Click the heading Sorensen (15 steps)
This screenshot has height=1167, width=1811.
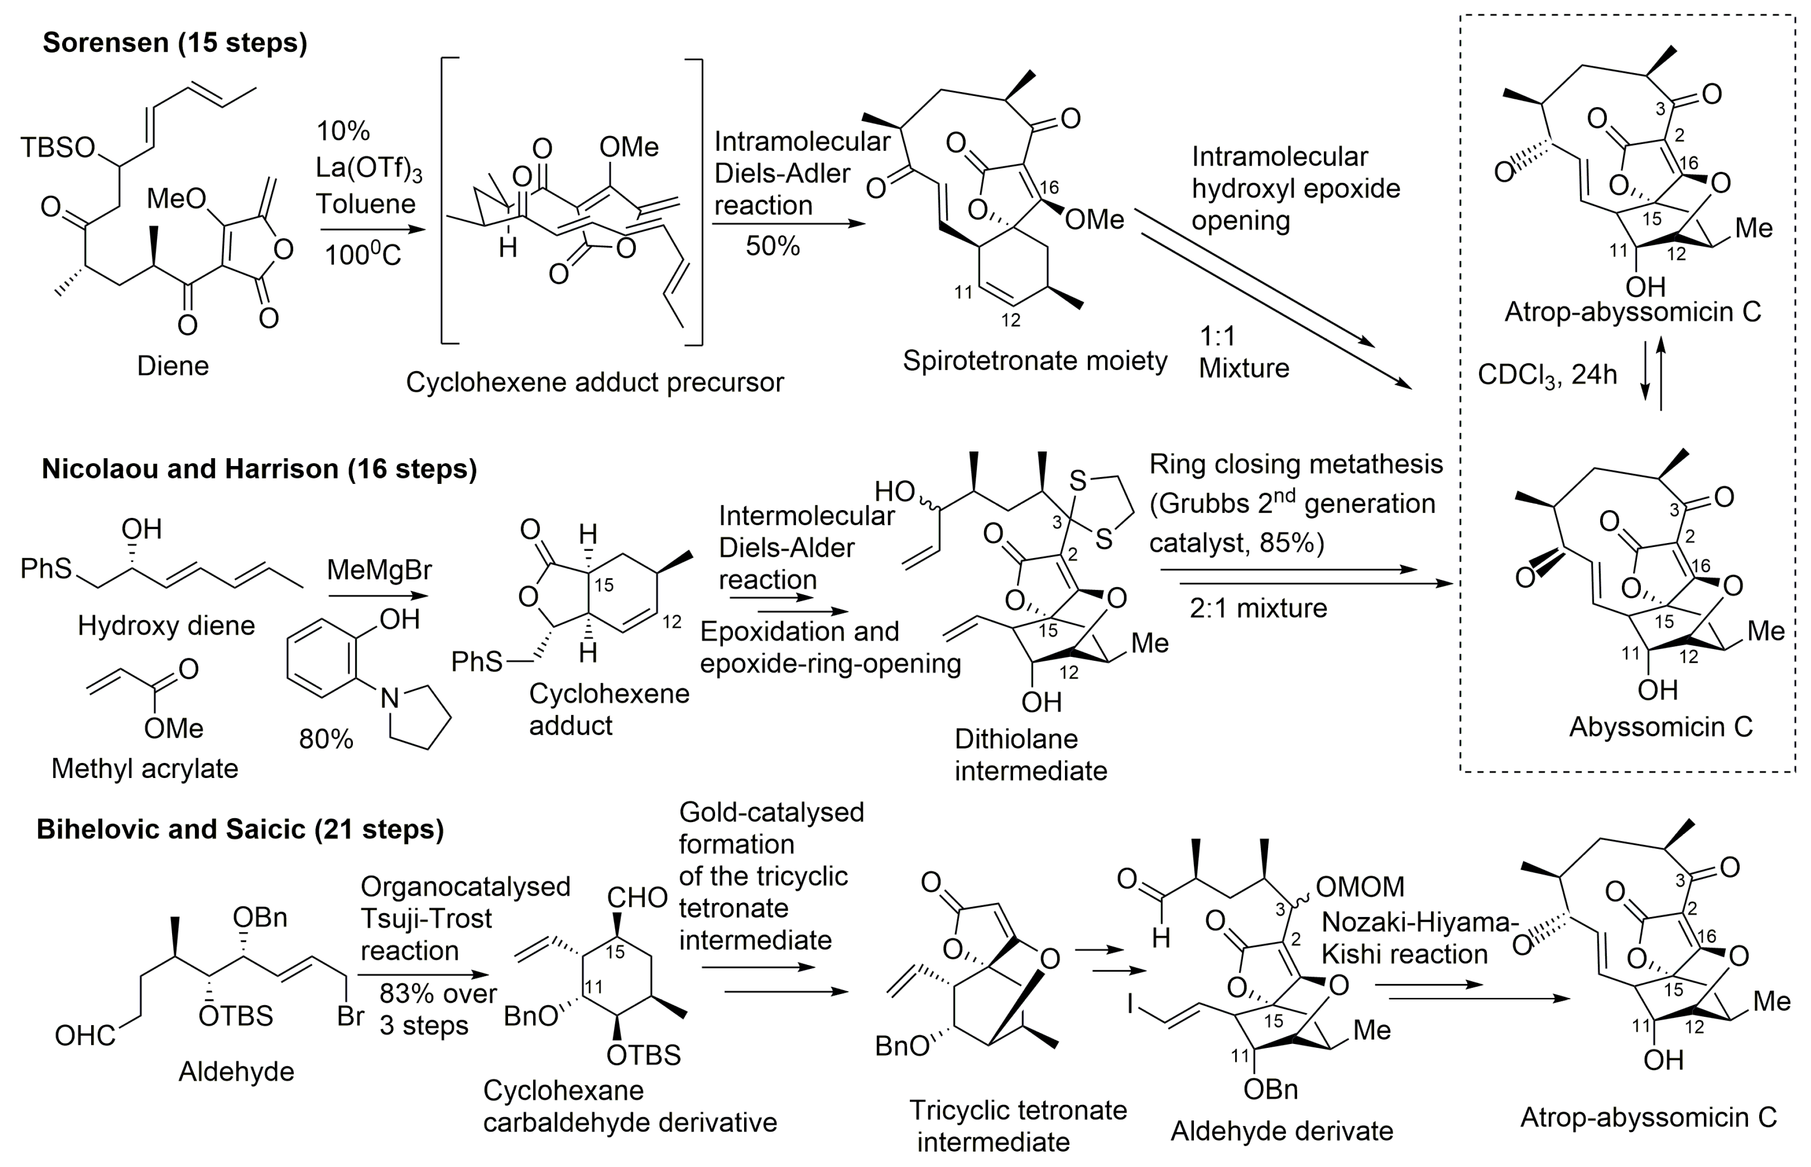tap(175, 43)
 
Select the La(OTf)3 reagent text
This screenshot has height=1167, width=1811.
tap(368, 168)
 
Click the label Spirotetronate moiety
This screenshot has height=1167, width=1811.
tap(1034, 361)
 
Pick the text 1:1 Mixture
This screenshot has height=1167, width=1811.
tap(1243, 352)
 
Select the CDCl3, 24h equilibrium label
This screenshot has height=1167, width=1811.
tap(1546, 374)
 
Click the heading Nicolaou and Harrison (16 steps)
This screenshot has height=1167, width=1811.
tap(259, 469)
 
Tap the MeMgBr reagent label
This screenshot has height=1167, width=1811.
tap(379, 569)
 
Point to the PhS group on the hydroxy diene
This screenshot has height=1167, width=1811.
tap(46, 568)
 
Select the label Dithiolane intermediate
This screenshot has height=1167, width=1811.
tap(1030, 755)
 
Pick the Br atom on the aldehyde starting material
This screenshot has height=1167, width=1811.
tap(350, 1016)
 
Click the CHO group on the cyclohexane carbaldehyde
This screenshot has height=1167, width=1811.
tap(637, 898)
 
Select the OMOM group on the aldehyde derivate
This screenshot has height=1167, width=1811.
tap(1360, 887)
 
